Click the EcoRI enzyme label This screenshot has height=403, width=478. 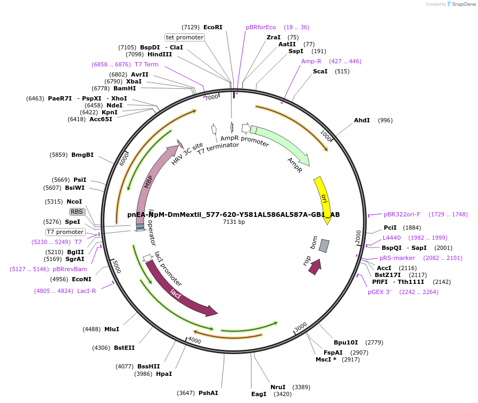[212, 27]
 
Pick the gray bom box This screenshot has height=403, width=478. [324, 246]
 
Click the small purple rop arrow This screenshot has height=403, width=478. [315, 266]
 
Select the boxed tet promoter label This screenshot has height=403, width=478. [185, 37]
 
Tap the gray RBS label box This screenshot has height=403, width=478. [77, 212]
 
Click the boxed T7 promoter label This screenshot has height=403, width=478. [65, 232]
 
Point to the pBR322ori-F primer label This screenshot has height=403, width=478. [402, 214]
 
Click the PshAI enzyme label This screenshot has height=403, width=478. [208, 393]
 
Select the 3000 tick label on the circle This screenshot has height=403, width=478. [301, 326]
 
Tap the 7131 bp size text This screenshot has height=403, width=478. [234, 222]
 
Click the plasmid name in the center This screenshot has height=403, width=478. [233, 215]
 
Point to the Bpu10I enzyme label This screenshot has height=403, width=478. [345, 342]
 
